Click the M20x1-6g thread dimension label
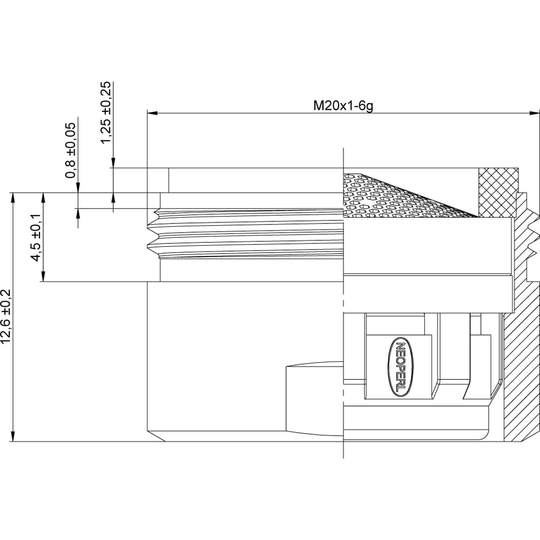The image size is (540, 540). (343, 106)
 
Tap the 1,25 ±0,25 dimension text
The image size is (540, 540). (106, 113)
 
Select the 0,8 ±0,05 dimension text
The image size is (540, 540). (70, 150)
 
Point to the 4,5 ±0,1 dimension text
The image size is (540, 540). (36, 238)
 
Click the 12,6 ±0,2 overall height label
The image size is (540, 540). (6, 316)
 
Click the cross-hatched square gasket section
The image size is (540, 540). (498, 193)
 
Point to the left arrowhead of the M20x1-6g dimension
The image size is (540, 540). (152, 113)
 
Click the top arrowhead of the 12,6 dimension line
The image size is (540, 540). (13, 198)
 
